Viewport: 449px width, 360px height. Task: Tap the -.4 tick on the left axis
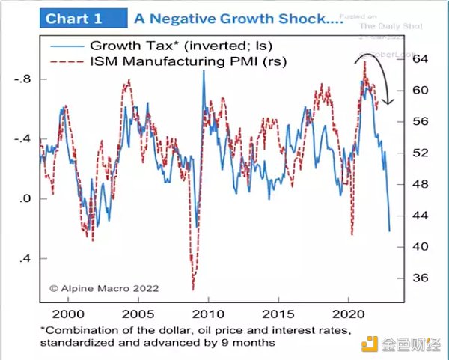click(x=22, y=139)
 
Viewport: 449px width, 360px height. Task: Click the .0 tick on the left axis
click(x=25, y=199)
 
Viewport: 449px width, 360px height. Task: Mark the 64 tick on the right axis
click(x=418, y=59)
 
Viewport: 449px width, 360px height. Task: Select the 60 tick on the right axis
click(x=418, y=91)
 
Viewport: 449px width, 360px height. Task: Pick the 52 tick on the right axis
click(x=418, y=153)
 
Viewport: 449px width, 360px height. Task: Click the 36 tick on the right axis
click(x=418, y=278)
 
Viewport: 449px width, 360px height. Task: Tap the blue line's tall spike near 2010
click(x=203, y=72)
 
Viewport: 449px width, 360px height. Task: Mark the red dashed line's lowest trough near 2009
click(x=192, y=288)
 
